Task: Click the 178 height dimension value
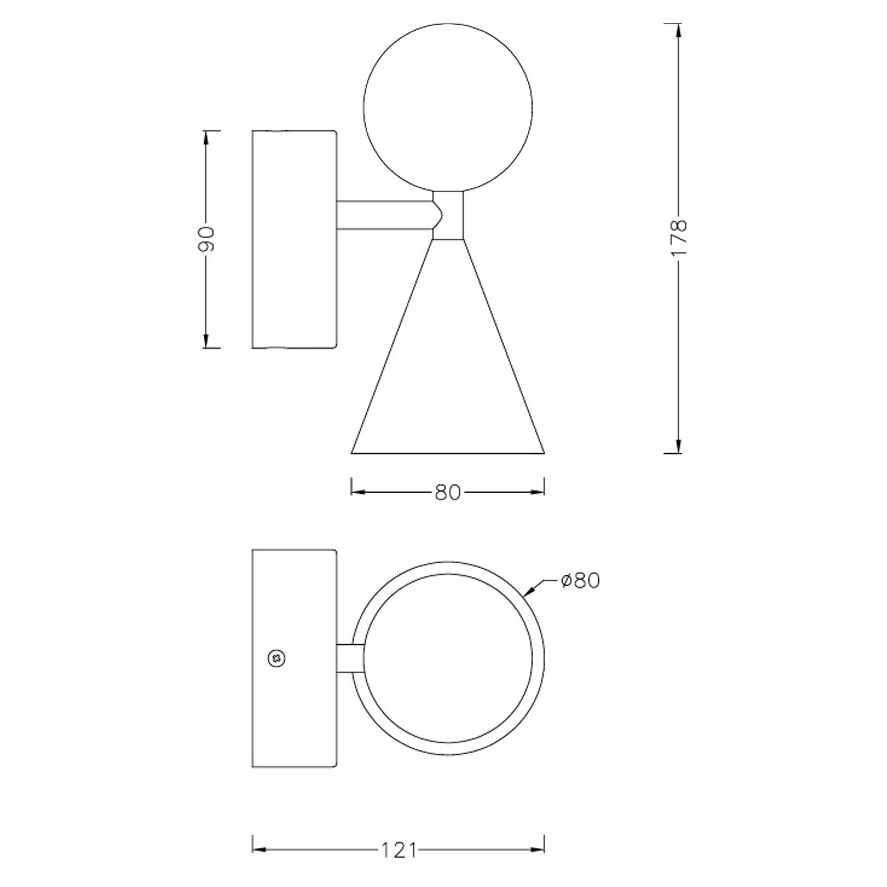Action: tap(679, 237)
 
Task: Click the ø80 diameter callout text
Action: tap(580, 581)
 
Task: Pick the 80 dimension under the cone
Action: tap(447, 493)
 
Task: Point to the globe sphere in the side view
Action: tap(447, 107)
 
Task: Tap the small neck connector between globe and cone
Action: tap(448, 216)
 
